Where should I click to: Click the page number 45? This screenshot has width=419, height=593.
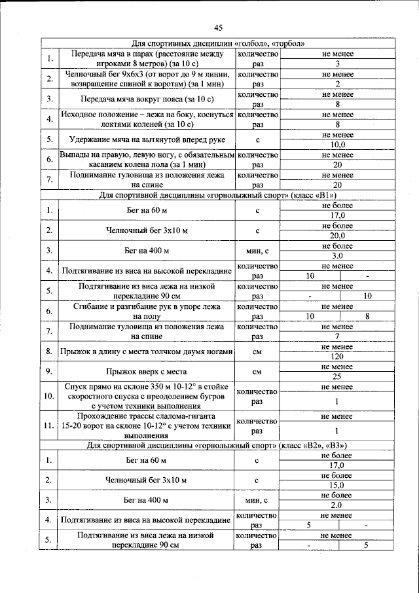click(218, 27)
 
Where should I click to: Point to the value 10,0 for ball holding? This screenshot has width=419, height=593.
click(337, 145)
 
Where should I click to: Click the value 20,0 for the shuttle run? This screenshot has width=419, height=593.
click(337, 236)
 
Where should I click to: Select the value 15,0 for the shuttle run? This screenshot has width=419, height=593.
click(337, 486)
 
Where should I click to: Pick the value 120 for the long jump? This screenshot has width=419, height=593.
click(337, 357)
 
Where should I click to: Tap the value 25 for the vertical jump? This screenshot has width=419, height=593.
click(337, 377)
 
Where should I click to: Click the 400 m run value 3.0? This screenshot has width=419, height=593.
click(337, 256)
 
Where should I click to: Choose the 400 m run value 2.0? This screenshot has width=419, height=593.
click(337, 506)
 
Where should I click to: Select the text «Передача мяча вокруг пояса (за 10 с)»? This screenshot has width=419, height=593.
click(147, 99)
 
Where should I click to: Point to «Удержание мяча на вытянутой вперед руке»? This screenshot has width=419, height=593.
click(147, 140)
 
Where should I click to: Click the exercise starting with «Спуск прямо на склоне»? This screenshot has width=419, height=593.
click(147, 397)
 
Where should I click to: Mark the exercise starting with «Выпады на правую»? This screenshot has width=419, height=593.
click(147, 160)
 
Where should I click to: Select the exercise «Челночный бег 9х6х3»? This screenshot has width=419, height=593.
click(147, 79)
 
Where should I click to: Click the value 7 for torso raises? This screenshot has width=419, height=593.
click(337, 336)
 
